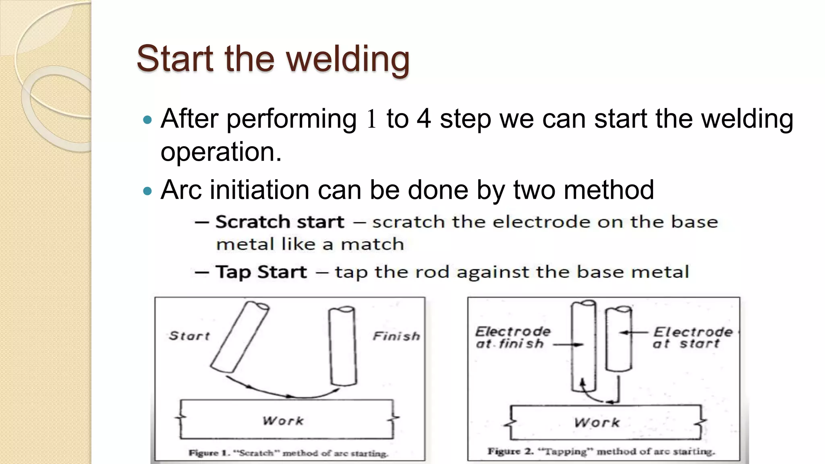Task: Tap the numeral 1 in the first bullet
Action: tap(371, 119)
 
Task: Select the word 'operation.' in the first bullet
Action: tap(221, 152)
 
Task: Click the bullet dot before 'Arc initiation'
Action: tap(147, 191)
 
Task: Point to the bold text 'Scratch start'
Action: tap(280, 222)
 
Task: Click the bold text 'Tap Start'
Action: tap(261, 272)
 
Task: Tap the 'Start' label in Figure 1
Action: tap(189, 336)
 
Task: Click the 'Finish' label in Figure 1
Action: tap(396, 336)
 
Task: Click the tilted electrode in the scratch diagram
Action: tap(240, 337)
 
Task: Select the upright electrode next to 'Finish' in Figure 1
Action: tap(343, 346)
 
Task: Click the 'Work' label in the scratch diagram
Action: tap(283, 421)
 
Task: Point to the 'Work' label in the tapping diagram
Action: tap(597, 423)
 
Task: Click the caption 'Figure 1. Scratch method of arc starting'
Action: tap(288, 453)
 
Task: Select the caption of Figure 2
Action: tap(601, 452)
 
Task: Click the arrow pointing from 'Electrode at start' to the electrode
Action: tap(633, 332)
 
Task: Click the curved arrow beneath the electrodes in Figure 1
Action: tap(282, 393)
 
